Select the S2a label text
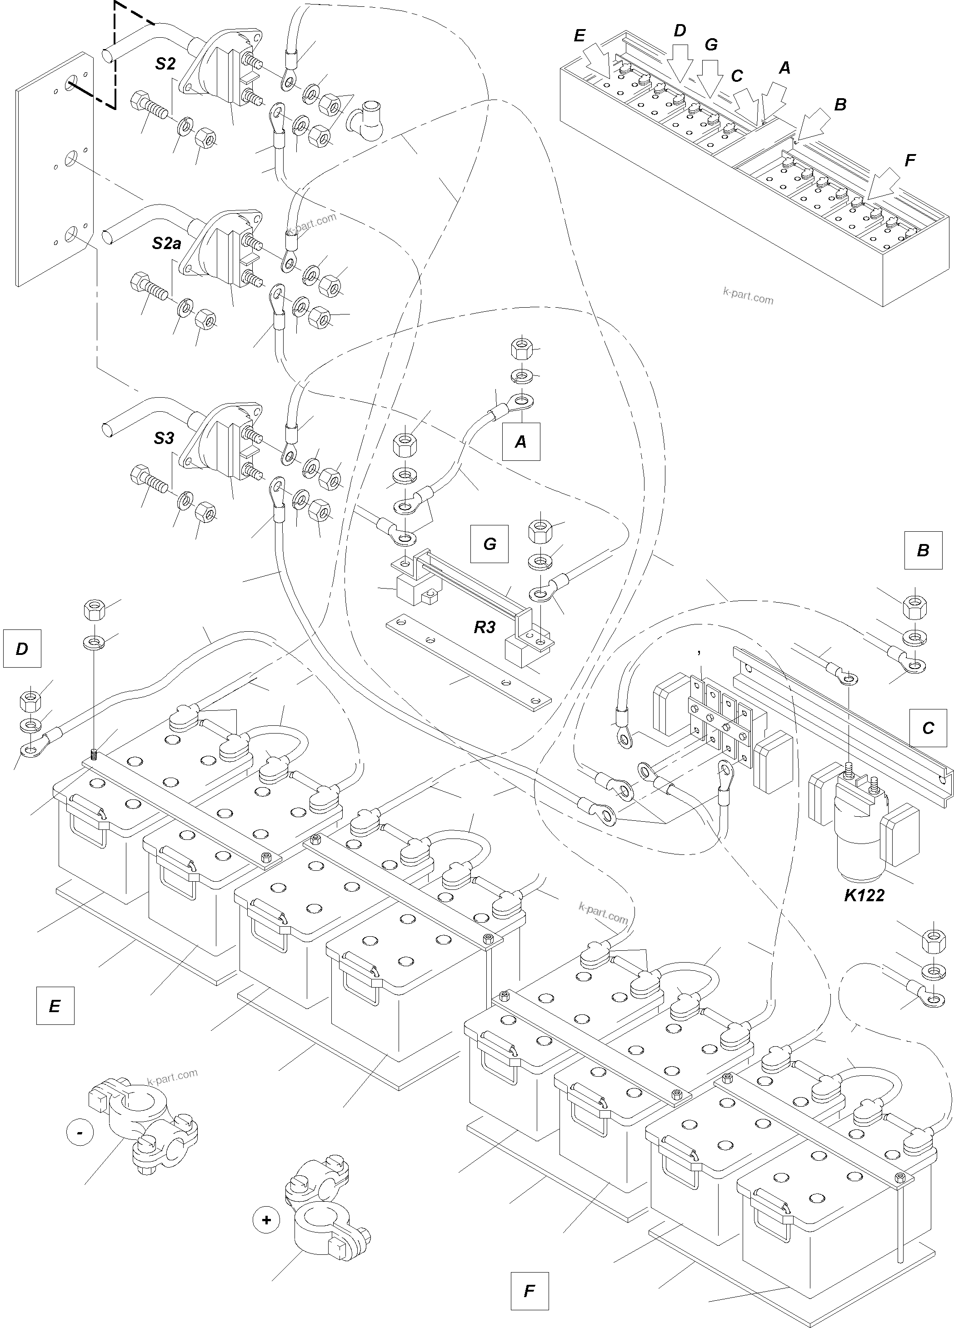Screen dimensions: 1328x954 [x=166, y=243]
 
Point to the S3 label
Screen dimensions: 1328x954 [x=164, y=438]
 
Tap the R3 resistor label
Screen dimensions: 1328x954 [x=485, y=627]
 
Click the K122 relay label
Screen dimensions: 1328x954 [x=864, y=912]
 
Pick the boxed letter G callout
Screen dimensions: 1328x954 [x=489, y=544]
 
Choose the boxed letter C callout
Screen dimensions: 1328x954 [x=928, y=728]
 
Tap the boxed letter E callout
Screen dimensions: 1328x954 [x=55, y=1006]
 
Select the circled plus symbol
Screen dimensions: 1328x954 [x=266, y=1220]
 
